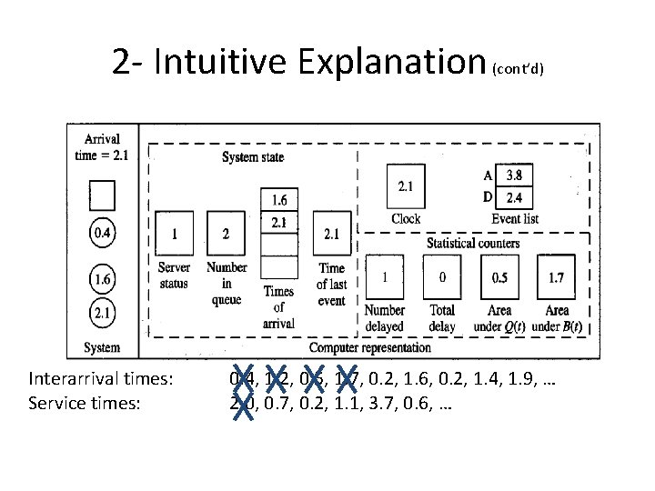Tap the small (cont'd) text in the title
click(518, 70)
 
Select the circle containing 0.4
click(103, 235)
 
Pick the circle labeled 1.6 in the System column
click(103, 279)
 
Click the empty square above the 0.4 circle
click(103, 195)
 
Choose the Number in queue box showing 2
click(227, 235)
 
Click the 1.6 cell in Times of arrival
click(279, 199)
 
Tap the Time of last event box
click(331, 235)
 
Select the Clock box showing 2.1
click(406, 186)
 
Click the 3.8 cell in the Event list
click(514, 175)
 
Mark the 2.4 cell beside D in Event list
click(514, 197)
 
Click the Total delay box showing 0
click(443, 278)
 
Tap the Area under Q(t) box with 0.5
click(500, 278)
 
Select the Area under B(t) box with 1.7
click(556, 278)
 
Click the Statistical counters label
click(473, 243)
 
